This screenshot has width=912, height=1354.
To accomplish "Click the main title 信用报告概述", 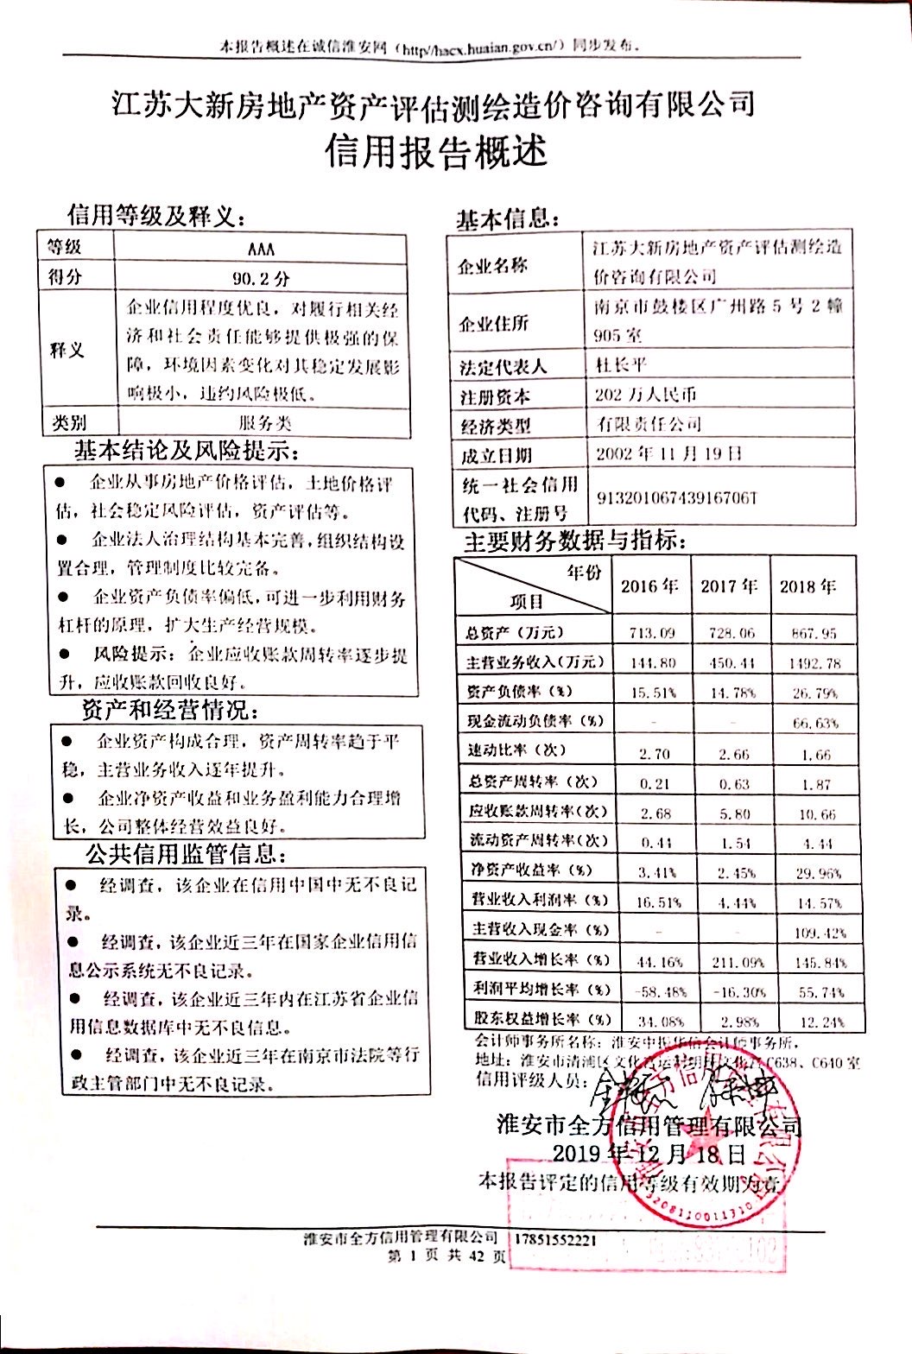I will pos(436,151).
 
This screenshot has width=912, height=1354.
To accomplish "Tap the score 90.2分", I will pos(260,278).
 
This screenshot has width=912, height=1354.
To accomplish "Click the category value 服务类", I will pos(264,423).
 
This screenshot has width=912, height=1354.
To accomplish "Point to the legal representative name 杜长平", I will pos(622,364).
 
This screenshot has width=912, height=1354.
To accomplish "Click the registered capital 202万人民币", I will pos(645,395).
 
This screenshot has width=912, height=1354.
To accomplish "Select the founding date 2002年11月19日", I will pos(668,453).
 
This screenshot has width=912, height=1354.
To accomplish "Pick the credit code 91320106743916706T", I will pos(676,498).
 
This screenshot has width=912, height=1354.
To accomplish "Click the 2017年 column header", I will pos(729,586).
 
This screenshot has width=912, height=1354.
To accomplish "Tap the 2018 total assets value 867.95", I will pos(814,633).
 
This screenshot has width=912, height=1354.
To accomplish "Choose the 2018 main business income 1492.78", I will pos(814,663).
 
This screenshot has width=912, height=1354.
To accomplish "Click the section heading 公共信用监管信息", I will pos(185,854).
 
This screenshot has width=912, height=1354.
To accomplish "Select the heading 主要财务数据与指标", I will pos(574,541).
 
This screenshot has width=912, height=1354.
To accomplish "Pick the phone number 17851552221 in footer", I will pos(555,1239).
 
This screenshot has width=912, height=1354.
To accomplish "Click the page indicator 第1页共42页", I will pos(446,1256).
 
